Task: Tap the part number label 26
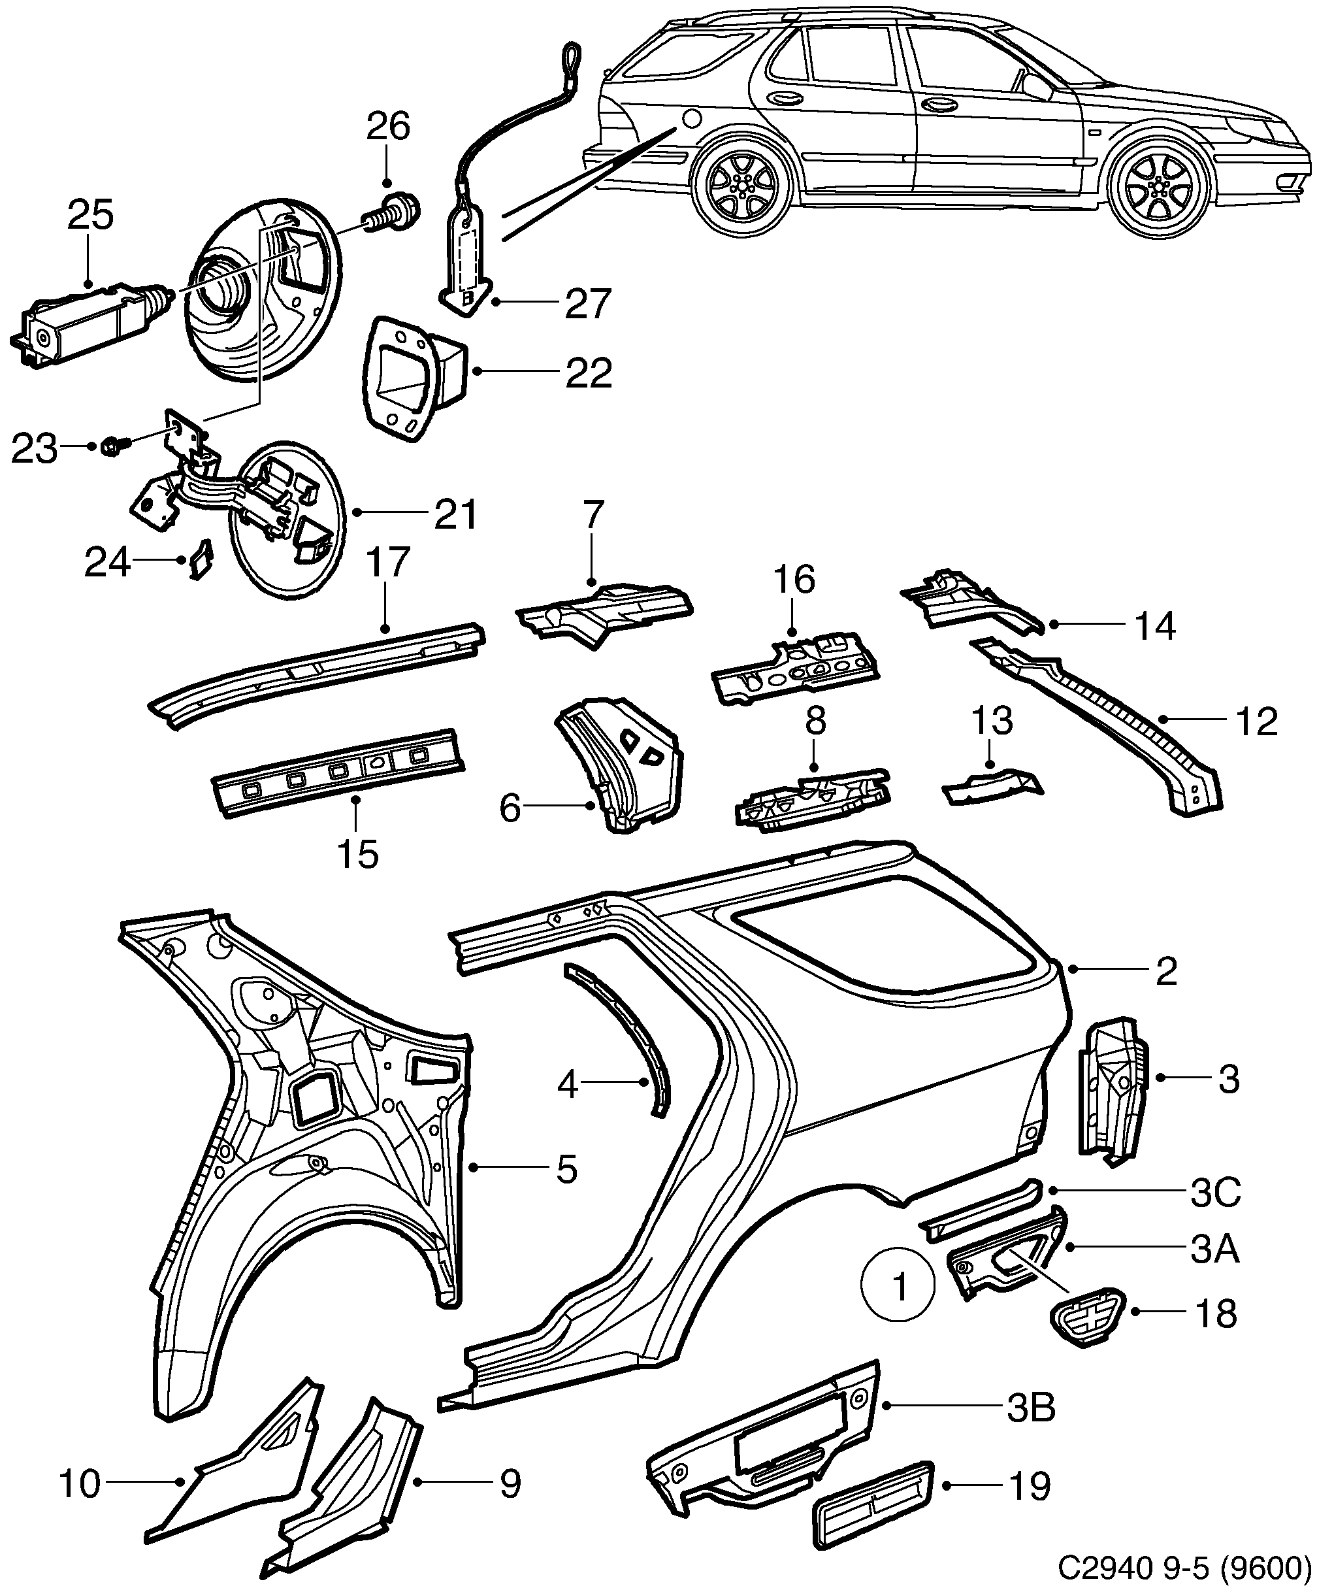388,126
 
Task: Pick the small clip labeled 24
201,560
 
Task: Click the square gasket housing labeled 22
414,376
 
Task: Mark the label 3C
1216,1193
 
